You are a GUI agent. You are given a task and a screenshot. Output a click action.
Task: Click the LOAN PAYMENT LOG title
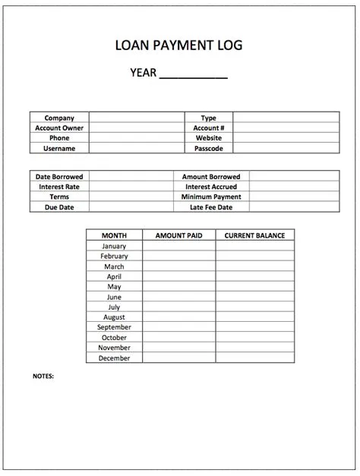click(179, 47)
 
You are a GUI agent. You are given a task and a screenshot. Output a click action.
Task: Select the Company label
click(59, 118)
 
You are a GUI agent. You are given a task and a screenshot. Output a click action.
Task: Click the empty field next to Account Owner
click(137, 128)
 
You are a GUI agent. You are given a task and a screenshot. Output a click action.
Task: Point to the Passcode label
click(208, 149)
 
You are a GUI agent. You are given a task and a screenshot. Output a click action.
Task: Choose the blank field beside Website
click(286, 139)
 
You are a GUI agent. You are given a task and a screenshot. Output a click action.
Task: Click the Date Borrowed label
click(59, 176)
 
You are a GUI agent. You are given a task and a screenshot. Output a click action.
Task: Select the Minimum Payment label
click(211, 197)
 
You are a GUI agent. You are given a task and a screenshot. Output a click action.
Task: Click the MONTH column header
click(114, 235)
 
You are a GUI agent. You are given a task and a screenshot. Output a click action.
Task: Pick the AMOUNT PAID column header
click(178, 235)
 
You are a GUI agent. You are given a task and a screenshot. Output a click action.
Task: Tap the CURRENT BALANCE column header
click(254, 235)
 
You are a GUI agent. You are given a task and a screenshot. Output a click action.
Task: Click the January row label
click(114, 246)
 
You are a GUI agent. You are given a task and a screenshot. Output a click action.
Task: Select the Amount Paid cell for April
click(178, 277)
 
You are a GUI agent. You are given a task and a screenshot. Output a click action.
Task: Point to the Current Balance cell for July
click(254, 307)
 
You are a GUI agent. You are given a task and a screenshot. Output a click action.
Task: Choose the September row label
click(114, 327)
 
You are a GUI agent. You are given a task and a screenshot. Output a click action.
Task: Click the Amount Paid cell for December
click(178, 358)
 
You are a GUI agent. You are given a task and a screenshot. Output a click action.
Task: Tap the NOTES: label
click(43, 376)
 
